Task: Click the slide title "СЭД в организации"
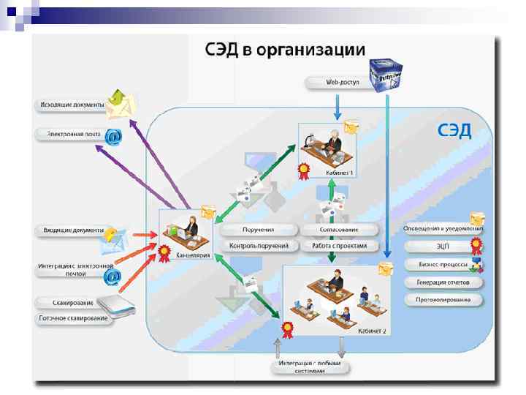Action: (x=283, y=50)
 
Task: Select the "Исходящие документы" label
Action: (x=72, y=105)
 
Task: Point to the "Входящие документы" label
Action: (x=72, y=230)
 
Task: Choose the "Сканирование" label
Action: (x=72, y=303)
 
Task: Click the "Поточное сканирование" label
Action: (x=72, y=318)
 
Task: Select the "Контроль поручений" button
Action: (x=259, y=247)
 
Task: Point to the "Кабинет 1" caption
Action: (x=340, y=173)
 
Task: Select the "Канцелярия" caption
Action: (x=194, y=256)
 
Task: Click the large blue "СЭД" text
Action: (x=454, y=131)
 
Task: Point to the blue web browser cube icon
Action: (x=386, y=75)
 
